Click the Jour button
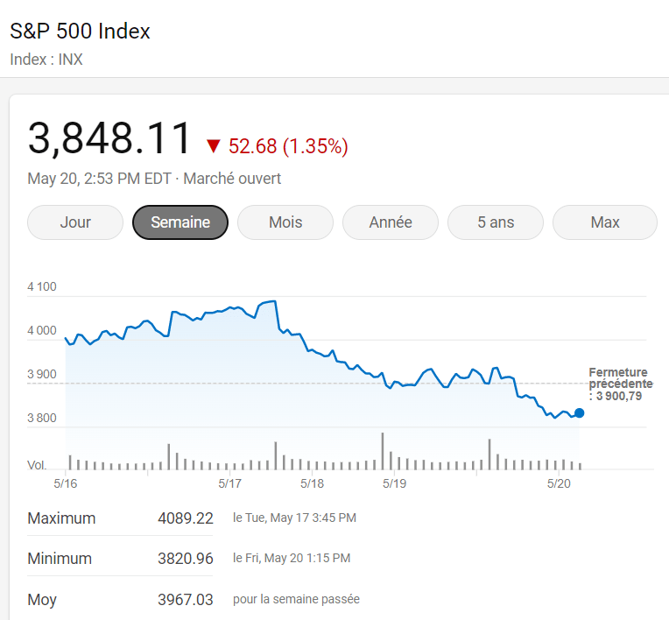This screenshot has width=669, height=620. pos(75,222)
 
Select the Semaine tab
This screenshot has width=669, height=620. pos(180,222)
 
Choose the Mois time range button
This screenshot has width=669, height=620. pos(285,222)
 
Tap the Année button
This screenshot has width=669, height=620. pos(391,222)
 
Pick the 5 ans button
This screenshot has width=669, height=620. pos(496,222)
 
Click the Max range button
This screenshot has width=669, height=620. pos(605,222)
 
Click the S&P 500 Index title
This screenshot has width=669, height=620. pos(81,32)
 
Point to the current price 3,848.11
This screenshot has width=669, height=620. pos(109,139)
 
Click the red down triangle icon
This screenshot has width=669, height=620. pos(214,146)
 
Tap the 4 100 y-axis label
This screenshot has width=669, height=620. pos(42,287)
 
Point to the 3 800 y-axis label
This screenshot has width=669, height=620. pos(42,419)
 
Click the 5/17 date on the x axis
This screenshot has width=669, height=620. pos(229,483)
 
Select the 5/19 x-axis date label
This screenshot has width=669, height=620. pos(394,483)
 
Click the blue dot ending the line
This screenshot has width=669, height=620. pos(579,412)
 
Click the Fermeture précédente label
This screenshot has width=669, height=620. pos(620,384)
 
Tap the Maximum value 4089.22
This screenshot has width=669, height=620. pos(186,518)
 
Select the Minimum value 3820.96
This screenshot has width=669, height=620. pos(186,559)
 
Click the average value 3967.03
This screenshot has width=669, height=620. pos(186,600)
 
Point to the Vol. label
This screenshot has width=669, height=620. pos(38,465)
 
